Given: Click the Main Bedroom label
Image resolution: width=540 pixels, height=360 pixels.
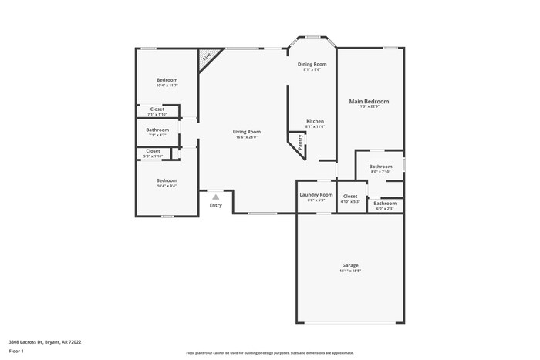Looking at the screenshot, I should [369, 101].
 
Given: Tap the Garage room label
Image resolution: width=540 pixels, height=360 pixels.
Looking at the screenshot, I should [350, 265].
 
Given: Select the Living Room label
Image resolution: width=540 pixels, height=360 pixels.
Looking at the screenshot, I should [247, 132].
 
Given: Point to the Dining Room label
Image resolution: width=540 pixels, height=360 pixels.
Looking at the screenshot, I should [312, 64].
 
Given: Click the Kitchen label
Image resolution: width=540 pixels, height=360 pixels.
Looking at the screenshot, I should [315, 121].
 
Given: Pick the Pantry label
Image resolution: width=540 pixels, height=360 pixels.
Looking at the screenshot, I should [299, 143].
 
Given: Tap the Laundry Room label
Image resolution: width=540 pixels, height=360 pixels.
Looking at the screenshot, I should [316, 194].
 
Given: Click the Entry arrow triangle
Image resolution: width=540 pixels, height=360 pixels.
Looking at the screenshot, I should [216, 197].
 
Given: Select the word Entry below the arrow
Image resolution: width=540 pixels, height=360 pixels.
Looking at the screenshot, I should [216, 205].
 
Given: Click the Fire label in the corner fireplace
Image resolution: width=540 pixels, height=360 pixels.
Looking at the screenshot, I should [206, 56].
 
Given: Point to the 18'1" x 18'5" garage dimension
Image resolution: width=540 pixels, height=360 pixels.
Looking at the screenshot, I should [350, 271].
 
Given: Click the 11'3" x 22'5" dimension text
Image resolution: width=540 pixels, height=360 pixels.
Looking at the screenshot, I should [369, 106].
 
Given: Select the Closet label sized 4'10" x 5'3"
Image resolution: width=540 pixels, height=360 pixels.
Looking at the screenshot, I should [350, 197].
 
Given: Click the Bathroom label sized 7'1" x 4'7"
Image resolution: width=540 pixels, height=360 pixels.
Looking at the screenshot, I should [157, 130].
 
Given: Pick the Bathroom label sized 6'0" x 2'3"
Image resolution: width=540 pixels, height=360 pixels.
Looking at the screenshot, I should [385, 203].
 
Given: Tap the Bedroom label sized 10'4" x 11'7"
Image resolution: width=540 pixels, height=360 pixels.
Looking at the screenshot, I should [167, 79].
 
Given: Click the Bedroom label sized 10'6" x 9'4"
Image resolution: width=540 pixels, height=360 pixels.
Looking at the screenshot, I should [167, 180].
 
